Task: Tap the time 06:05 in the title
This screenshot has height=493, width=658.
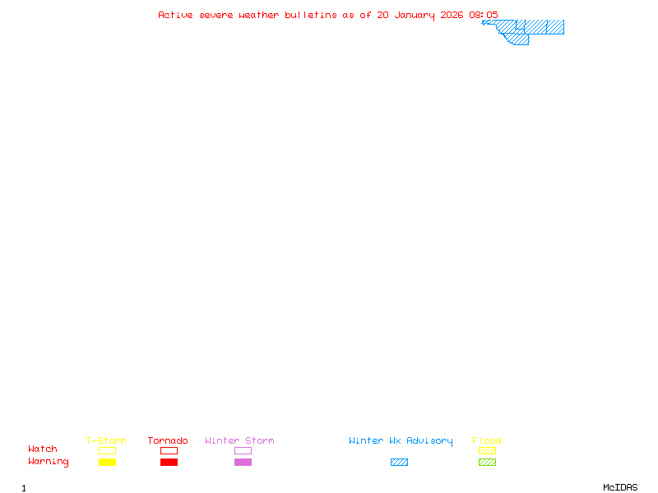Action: [x=484, y=15]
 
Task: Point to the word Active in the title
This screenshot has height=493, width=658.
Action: [x=175, y=15]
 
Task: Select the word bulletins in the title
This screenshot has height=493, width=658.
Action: [x=311, y=15]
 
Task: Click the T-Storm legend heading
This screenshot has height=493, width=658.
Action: [x=106, y=441]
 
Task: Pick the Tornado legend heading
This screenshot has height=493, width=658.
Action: [x=168, y=441]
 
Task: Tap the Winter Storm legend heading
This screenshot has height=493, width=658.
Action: [x=239, y=441]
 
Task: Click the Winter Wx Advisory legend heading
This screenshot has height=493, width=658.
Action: [x=401, y=441]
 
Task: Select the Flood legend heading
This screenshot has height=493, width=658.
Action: [x=487, y=441]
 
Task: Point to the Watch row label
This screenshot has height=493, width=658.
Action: [x=43, y=449]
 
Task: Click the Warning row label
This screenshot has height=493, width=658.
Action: [x=49, y=462]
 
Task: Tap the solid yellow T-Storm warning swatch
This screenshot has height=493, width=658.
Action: [x=107, y=463]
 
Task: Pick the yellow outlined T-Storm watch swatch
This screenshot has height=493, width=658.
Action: [x=107, y=450]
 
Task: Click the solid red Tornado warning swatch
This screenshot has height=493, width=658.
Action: [x=169, y=463]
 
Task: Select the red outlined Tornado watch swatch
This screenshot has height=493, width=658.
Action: [x=169, y=450]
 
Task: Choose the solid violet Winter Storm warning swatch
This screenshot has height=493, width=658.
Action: [x=243, y=463]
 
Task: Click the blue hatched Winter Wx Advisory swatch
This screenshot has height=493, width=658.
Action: [x=399, y=463]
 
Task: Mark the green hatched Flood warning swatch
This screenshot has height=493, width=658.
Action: [x=487, y=463]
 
